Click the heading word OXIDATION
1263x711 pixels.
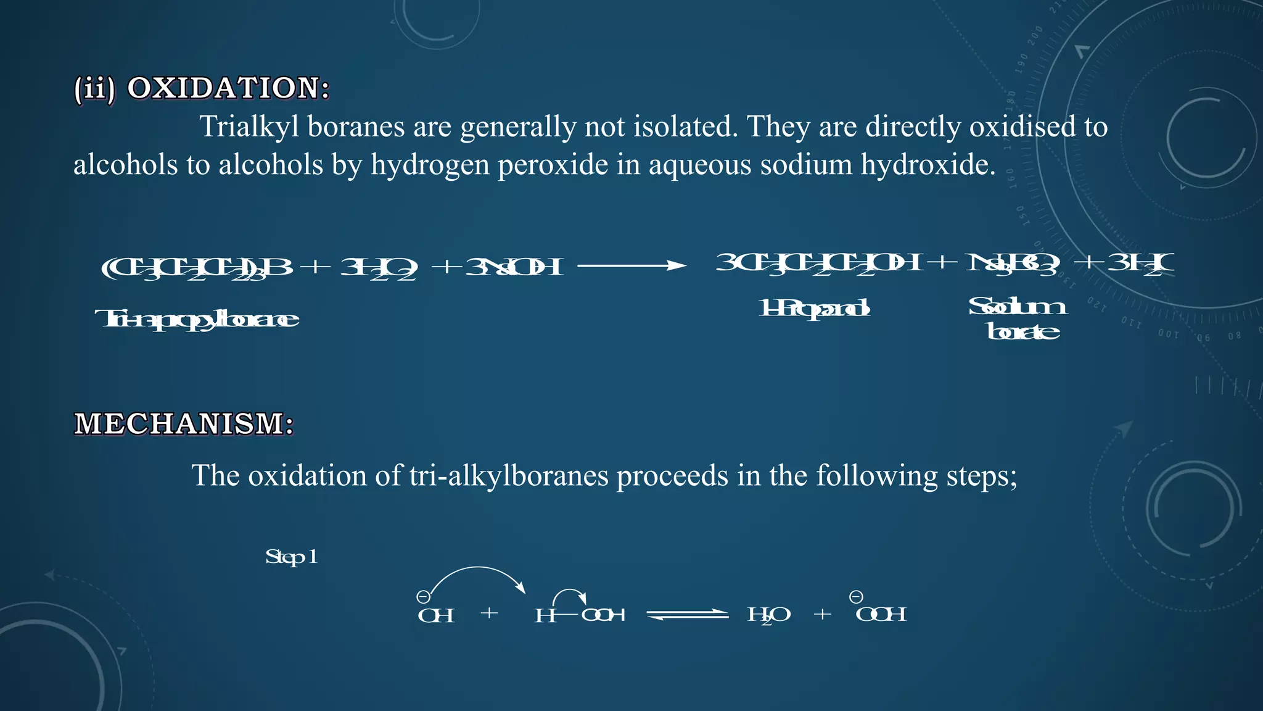(x=228, y=88)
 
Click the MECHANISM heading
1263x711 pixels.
(x=184, y=424)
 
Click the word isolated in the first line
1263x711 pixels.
(x=685, y=127)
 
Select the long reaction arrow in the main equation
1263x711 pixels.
(x=631, y=266)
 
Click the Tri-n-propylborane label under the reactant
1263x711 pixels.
(x=197, y=319)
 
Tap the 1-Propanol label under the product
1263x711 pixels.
(x=814, y=307)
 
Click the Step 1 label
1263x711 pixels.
(x=291, y=557)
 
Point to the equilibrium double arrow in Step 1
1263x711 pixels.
(x=688, y=614)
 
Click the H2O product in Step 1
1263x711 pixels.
(x=768, y=615)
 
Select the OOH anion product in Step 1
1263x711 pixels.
(x=881, y=614)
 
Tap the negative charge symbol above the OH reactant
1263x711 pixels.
(x=423, y=597)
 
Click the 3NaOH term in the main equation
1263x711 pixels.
(x=514, y=267)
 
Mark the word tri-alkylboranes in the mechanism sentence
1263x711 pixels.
(x=508, y=476)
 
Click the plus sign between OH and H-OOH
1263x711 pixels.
(x=490, y=613)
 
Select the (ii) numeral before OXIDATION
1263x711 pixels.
(x=94, y=89)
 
